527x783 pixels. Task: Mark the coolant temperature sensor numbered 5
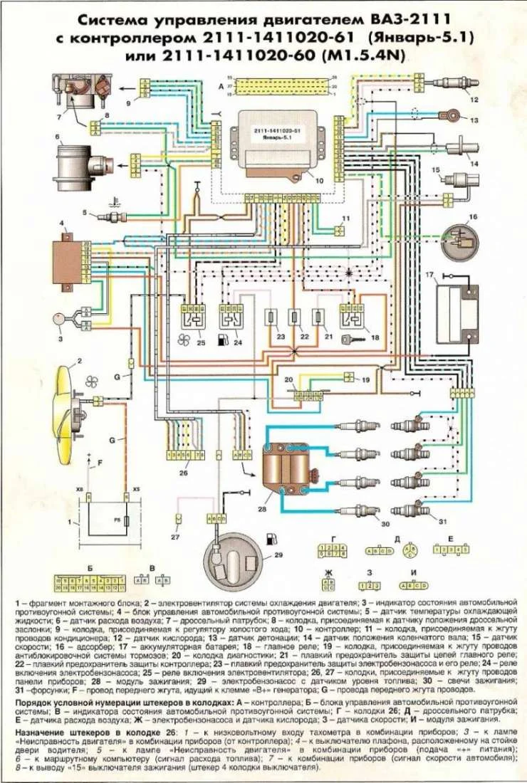coord(114,215)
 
